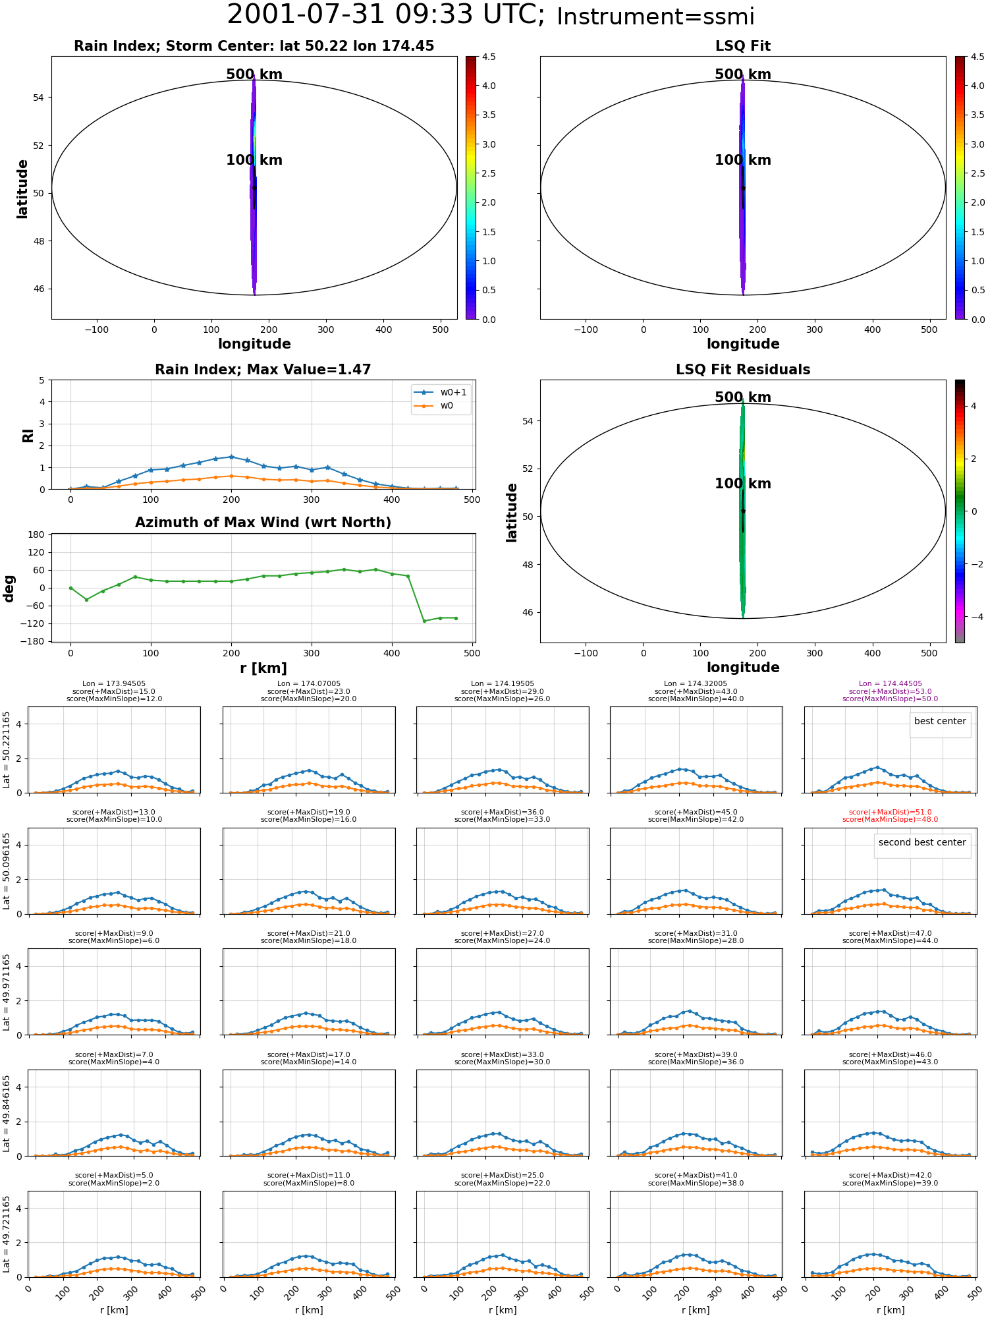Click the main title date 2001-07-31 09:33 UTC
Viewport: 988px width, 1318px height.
pos(385,14)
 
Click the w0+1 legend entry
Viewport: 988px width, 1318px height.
pos(441,392)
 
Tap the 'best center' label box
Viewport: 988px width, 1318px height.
pos(940,721)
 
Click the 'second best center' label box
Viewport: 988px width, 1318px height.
pos(922,842)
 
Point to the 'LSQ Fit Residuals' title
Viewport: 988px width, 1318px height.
pos(743,370)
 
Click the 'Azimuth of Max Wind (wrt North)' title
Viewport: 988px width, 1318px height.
pos(263,523)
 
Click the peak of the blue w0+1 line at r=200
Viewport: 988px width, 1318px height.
pos(231,457)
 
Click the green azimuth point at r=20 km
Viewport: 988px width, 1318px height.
pos(86,600)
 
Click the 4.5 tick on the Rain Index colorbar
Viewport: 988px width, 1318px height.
pos(488,57)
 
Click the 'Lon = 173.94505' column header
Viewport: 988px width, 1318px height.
pos(114,684)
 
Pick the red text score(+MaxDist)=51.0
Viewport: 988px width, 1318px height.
pos(890,813)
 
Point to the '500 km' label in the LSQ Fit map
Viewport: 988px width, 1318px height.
pos(743,74)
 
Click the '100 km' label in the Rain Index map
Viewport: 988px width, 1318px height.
pos(254,160)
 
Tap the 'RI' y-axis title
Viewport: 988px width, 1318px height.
pos(28,436)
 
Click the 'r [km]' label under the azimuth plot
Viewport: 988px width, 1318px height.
pos(263,668)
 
